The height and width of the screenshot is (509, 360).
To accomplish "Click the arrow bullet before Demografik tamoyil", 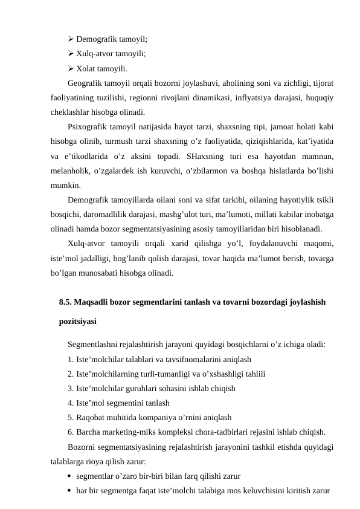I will click(71, 38).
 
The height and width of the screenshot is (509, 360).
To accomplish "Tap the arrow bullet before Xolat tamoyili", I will click(71, 68).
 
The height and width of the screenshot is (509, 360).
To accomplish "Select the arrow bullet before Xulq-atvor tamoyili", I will click(71, 53).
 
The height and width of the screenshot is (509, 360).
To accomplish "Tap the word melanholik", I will click(69, 172).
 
